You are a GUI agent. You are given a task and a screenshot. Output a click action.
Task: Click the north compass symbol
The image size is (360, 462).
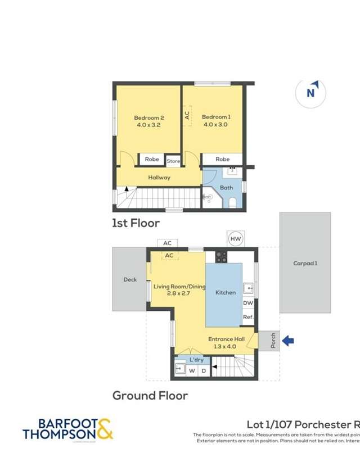coord(310,93)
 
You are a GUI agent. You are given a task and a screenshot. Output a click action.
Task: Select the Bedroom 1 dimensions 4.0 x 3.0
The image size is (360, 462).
coord(215,125)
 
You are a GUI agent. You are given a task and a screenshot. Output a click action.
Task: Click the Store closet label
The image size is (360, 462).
coord(173,161)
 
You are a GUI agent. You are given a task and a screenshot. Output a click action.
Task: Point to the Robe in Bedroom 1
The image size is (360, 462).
coord(223,160)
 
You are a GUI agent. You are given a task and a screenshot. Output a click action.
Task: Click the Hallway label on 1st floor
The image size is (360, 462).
coord(159,178)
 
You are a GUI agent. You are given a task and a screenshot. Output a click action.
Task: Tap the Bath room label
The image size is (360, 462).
coord(226,188)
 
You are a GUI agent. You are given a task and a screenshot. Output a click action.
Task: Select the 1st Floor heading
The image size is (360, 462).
coord(136,223)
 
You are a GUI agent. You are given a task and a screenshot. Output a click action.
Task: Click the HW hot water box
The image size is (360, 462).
coord(235,239)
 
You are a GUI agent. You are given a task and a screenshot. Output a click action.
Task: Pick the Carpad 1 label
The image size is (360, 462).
coord(305,263)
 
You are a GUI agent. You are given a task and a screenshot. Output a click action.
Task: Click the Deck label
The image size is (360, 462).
coord(130,279)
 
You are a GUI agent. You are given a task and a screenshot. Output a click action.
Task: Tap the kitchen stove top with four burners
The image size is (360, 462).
coord(222,257)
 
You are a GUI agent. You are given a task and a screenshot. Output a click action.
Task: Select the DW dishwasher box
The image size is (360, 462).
coord(248,303)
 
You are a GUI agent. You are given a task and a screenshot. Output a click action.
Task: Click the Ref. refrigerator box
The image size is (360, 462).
coord(248,317)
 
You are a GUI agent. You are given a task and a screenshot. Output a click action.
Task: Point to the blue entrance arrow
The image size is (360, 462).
coord(287,340)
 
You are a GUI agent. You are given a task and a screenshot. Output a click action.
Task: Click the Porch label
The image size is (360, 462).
coord(273,341)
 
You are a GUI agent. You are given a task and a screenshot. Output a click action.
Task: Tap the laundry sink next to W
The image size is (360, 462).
coord(180,369)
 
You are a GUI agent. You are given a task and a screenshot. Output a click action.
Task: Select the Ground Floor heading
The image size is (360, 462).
coord(150,395)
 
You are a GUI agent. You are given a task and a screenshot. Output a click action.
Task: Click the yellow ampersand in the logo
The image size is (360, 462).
coord(104,429)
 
